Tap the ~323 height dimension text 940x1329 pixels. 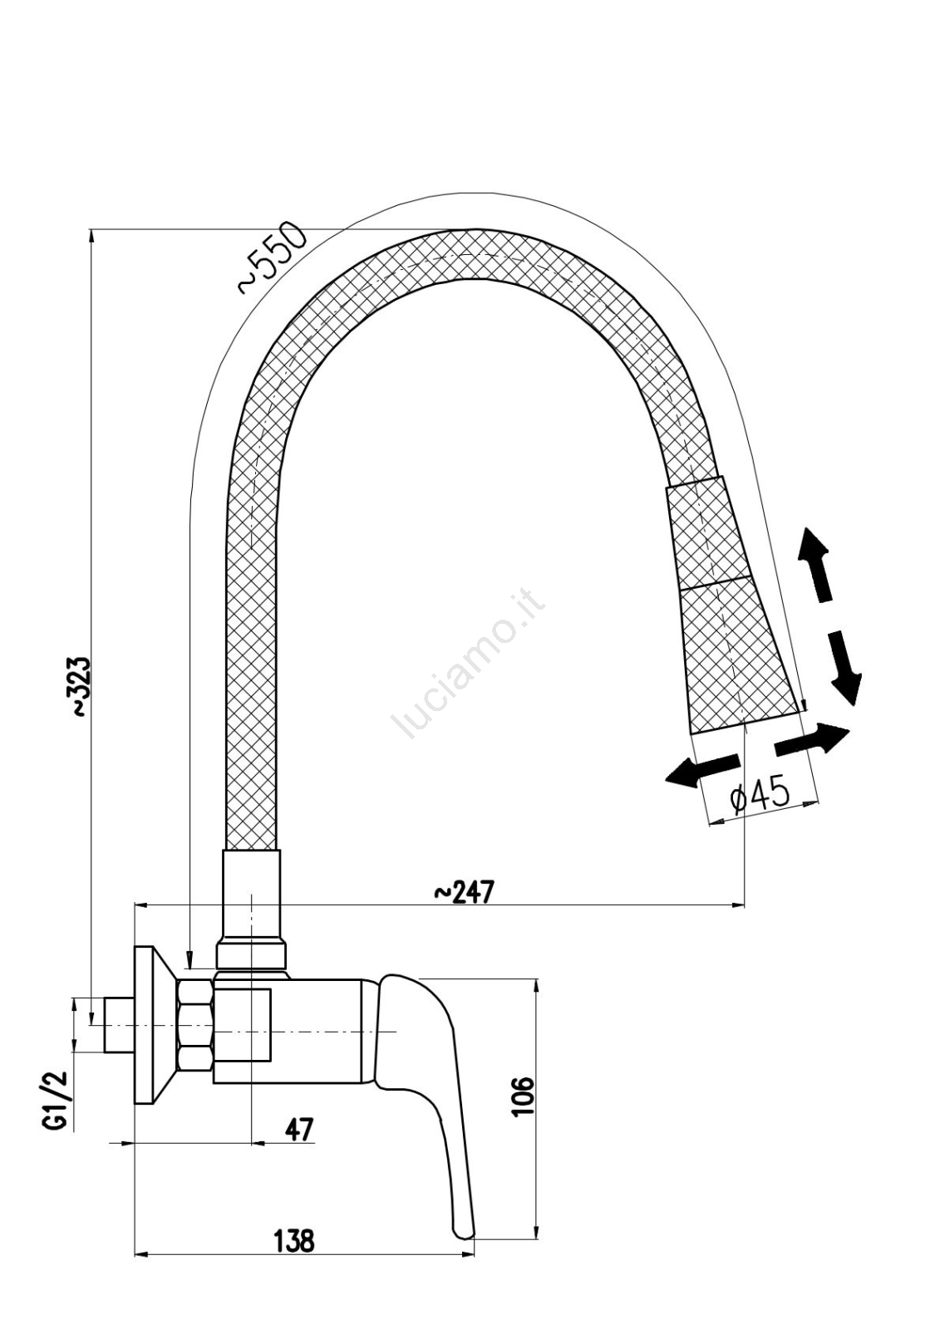[81, 686]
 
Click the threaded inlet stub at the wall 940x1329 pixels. [117, 1024]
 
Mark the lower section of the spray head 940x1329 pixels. [736, 656]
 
